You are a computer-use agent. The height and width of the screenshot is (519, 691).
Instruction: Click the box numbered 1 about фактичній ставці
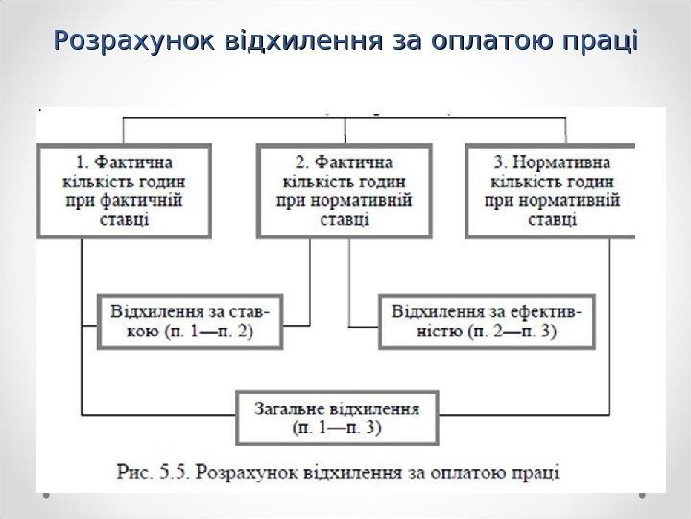pos(124,190)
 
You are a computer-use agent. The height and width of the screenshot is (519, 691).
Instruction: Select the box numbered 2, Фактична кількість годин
pos(345,190)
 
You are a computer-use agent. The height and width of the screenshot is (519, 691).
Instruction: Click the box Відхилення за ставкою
pos(190,321)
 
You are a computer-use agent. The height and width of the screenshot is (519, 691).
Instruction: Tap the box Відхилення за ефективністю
pos(487,321)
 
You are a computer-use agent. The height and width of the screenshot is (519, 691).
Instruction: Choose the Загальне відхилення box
pos(336,415)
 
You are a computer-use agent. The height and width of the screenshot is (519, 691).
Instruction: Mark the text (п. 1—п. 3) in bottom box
pos(336,426)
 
